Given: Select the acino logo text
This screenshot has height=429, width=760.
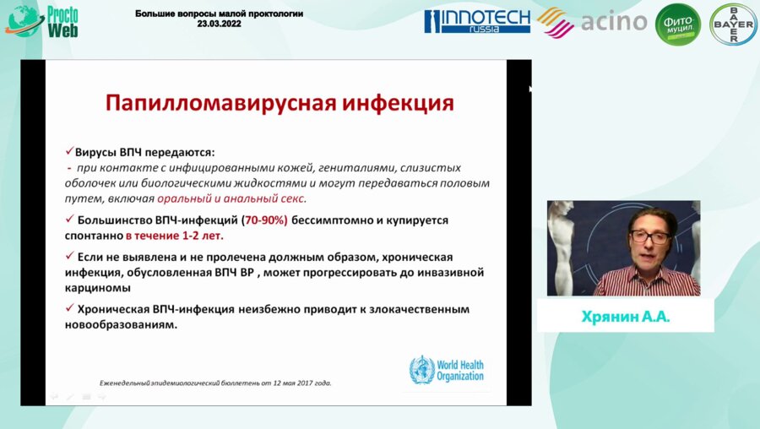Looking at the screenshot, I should click(614, 21).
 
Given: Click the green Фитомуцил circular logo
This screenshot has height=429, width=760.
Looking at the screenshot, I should click(678, 24).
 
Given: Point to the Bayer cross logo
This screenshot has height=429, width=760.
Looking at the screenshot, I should click(732, 24).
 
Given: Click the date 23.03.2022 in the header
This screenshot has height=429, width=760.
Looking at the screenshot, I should click(219, 25).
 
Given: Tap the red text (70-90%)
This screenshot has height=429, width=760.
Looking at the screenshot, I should click(265, 220).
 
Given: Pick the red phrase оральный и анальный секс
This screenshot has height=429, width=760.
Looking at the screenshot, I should click(231, 198).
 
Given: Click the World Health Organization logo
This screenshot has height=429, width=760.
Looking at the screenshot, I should click(447, 369).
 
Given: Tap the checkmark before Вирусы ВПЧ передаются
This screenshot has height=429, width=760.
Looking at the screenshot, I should click(70, 152).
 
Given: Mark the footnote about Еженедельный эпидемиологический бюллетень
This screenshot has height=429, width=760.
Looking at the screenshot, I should click(215, 383).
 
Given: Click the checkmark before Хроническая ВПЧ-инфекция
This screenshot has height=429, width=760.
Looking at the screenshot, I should click(70, 309).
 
